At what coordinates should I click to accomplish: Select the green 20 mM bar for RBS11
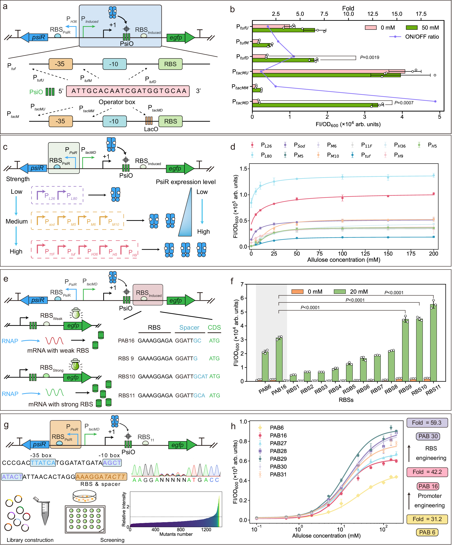click(433, 342)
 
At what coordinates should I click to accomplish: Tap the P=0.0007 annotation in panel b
click(404, 103)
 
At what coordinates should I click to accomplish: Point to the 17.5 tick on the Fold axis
click(421, 14)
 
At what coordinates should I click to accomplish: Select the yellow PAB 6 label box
click(427, 532)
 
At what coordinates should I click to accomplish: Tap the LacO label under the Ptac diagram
click(151, 129)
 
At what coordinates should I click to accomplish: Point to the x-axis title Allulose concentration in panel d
click(344, 260)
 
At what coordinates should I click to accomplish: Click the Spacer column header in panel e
click(189, 328)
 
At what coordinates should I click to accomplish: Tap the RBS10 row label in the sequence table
click(126, 376)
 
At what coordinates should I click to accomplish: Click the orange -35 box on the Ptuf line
click(61, 64)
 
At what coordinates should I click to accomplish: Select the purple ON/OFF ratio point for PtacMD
click(435, 101)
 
